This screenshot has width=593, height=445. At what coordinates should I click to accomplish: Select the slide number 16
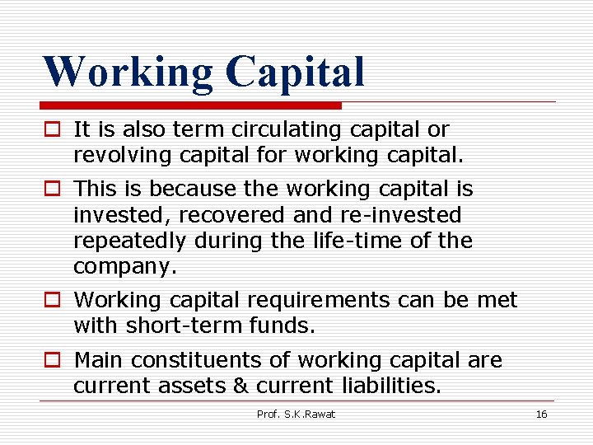click(x=541, y=414)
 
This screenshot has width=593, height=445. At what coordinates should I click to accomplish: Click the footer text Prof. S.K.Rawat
click(x=296, y=414)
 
